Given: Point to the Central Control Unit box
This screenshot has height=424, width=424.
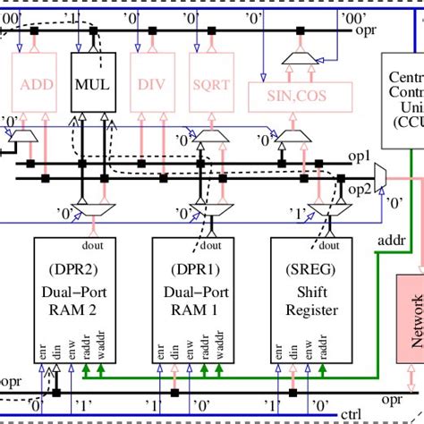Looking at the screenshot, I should click(x=403, y=98).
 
